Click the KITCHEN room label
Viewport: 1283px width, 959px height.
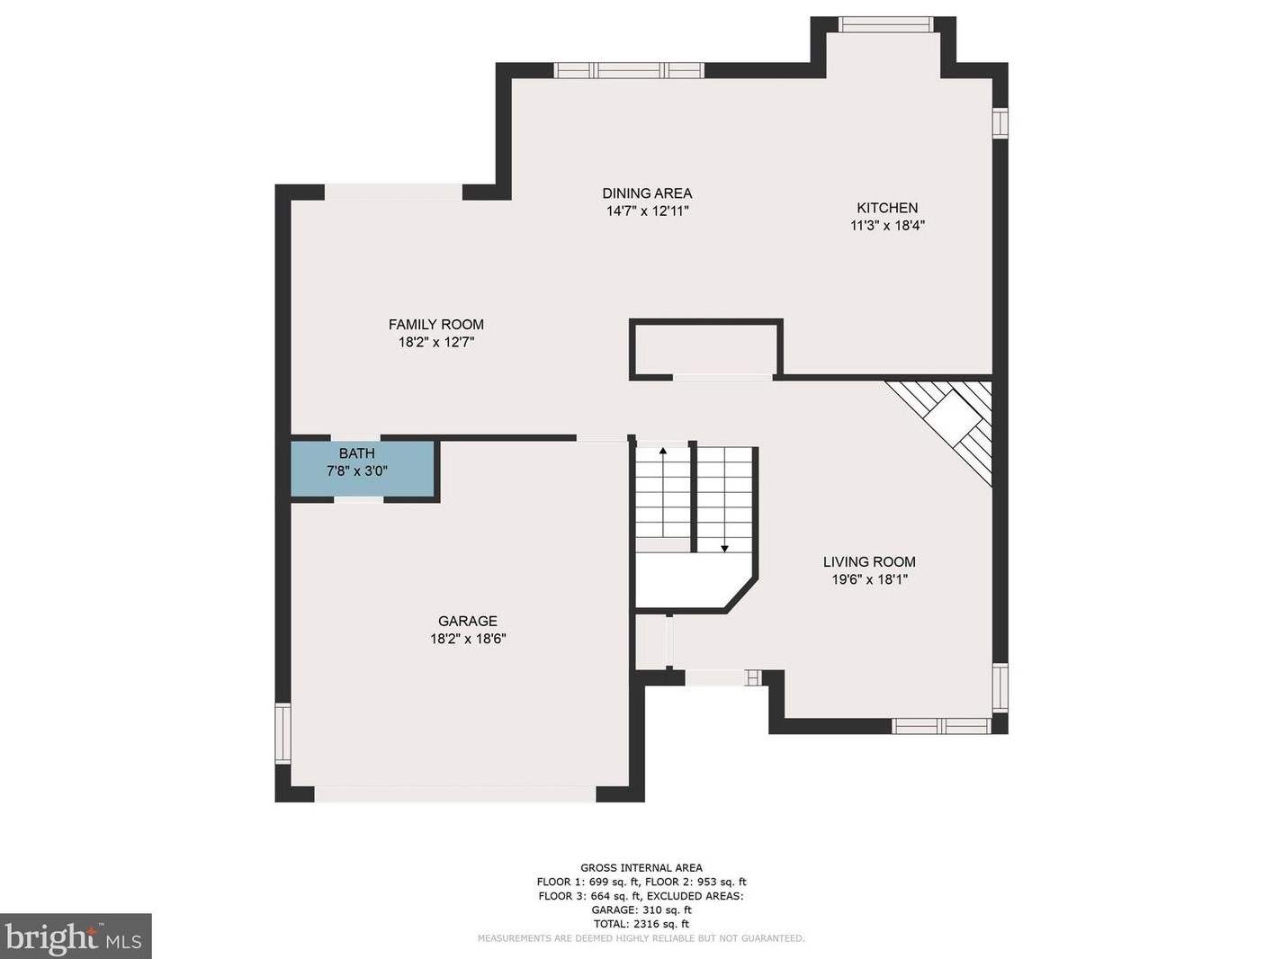coord(886,208)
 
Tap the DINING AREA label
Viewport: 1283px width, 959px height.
coord(647,193)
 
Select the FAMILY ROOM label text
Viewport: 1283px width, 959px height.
coord(435,325)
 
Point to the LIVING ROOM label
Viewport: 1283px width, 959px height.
coord(868,562)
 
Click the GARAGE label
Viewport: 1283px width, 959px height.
coord(467,621)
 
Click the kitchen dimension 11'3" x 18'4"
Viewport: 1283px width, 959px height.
coord(887,226)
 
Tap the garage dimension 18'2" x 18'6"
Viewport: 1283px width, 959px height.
coord(468,639)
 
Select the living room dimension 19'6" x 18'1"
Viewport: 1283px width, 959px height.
coord(869,579)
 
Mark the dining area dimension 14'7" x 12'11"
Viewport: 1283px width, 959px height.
coord(647,211)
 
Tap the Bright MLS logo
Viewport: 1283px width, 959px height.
coord(76,937)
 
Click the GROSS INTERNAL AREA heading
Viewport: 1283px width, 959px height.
coord(641,868)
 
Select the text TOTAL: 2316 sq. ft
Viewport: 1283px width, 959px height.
coord(641,924)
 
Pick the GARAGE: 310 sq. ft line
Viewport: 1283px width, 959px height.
coord(641,910)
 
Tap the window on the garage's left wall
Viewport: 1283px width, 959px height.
coord(283,733)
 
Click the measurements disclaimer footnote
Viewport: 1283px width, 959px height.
coord(641,938)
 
